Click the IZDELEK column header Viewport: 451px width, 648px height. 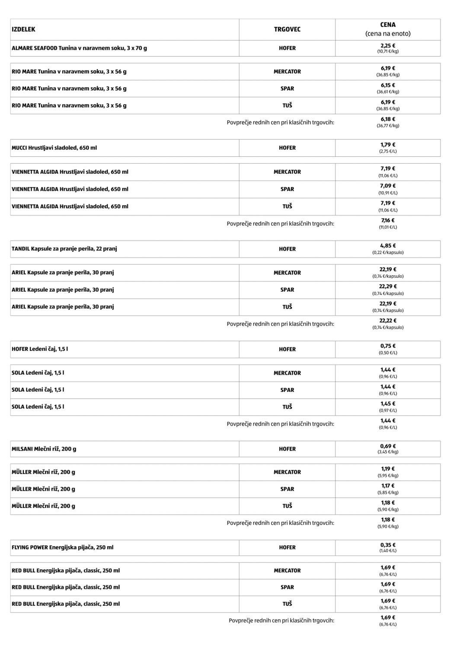click(23, 29)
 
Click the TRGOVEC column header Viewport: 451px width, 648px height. click(287, 29)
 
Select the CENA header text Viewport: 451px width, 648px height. click(388, 25)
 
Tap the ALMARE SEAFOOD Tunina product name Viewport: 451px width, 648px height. click(79, 48)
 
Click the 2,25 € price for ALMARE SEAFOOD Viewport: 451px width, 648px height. click(388, 46)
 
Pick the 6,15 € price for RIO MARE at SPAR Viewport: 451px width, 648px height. click(388, 86)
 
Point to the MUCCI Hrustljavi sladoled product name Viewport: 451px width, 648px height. click(54, 148)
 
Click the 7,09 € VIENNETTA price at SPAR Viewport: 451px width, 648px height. click(388, 186)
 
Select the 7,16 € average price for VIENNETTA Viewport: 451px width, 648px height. click(388, 220)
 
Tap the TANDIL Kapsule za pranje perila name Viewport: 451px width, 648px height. click(64, 249)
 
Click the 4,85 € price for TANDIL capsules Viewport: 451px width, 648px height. click(388, 246)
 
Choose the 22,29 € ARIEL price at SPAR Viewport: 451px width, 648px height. click(388, 286)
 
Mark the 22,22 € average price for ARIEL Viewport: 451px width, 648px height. click(388, 321)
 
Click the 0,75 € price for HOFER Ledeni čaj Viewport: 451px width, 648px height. click(388, 346)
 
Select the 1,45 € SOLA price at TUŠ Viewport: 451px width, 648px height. click(388, 404)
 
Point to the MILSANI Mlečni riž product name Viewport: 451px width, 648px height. click(44, 449)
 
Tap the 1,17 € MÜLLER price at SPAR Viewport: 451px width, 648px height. click(388, 486)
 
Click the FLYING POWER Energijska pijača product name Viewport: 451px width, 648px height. click(62, 547)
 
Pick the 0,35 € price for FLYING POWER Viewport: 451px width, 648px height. click(388, 545)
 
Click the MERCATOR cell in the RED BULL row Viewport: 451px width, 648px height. click(287, 571)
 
